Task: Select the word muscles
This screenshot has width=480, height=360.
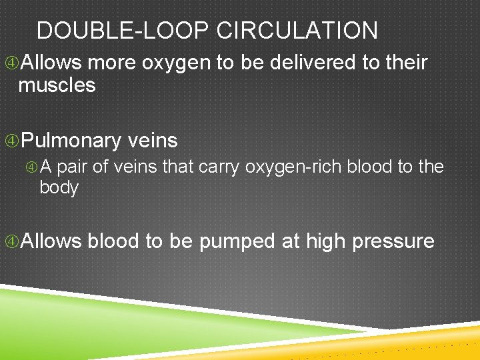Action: [x=57, y=85]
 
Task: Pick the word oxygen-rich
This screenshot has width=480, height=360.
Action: [x=294, y=167]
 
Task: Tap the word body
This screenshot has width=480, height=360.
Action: [x=59, y=187]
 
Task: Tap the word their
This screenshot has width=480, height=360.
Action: [x=406, y=63]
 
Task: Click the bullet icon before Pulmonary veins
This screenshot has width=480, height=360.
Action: [x=11, y=141]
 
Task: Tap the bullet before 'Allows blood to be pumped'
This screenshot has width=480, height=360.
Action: [x=11, y=241]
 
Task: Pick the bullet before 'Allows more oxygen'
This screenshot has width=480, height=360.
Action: [x=11, y=63]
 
